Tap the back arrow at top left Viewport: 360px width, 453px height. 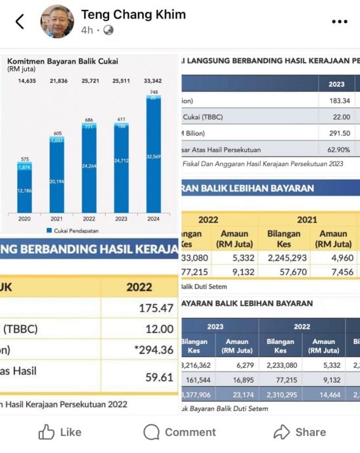(x=20, y=22)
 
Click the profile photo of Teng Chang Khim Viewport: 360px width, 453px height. (x=58, y=22)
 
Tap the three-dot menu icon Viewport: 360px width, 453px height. (x=339, y=22)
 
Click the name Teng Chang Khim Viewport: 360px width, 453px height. (x=133, y=14)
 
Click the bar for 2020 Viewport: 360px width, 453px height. (x=25, y=190)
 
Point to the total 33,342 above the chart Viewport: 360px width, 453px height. (x=153, y=81)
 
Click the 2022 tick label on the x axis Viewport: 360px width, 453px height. (x=89, y=219)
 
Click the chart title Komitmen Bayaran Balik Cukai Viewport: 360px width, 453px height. (x=62, y=61)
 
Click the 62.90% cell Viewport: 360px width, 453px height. (x=337, y=150)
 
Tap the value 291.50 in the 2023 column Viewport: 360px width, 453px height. (x=337, y=133)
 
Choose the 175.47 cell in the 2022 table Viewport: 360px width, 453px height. (x=156, y=308)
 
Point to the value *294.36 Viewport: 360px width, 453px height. (x=153, y=350)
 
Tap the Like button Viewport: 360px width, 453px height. (x=60, y=432)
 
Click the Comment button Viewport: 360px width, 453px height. (x=179, y=432)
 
